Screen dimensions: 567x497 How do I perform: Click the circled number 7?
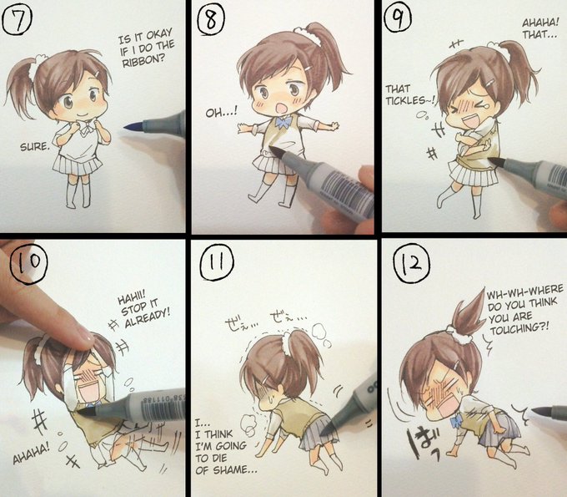tap(17, 20)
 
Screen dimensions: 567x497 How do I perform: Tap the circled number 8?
tap(211, 21)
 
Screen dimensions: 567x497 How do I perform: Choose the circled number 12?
tap(412, 263)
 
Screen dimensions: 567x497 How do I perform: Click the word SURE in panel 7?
tap(33, 147)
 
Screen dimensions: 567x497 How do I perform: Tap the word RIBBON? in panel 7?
tap(143, 60)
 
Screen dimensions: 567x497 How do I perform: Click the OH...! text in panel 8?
tap(222, 113)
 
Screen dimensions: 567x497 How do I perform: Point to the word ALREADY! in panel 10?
tap(148, 317)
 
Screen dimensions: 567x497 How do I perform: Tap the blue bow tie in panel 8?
tap(284, 122)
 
